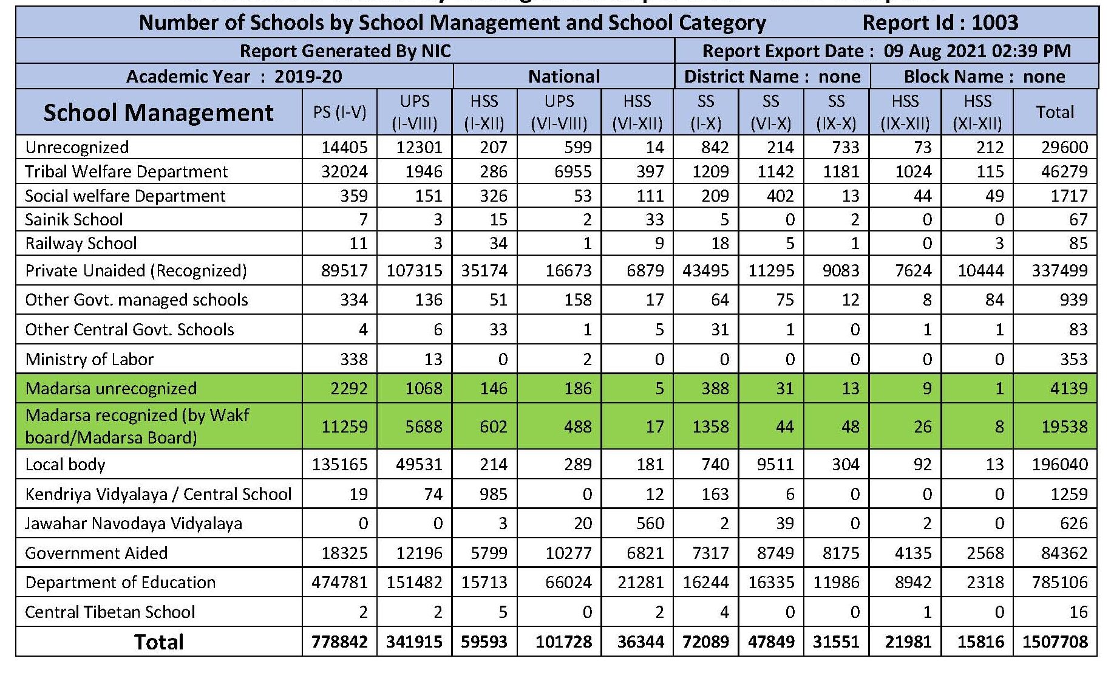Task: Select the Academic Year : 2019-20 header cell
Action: [x=234, y=77]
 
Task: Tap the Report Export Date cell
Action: [x=886, y=51]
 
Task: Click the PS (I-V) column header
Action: [x=339, y=112]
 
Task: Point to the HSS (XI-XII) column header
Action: [x=977, y=112]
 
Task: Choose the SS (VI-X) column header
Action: [x=771, y=112]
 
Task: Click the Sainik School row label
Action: [x=74, y=219]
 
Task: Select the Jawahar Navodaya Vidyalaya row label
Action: [x=134, y=523]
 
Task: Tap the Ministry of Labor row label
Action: [x=90, y=359]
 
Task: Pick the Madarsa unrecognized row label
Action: [x=111, y=388]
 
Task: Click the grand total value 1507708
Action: [x=1055, y=642]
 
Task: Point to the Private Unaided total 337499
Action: [x=1059, y=270]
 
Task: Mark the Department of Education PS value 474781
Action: [x=339, y=582]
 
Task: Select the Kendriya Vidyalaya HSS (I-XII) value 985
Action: [x=493, y=494]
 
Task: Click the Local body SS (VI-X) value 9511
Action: [x=771, y=464]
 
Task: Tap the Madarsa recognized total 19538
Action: [x=1064, y=426]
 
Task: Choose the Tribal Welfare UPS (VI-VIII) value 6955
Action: [x=572, y=171]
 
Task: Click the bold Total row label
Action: [x=158, y=642]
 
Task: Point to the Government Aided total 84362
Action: [x=1064, y=553]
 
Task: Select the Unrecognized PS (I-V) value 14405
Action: [x=344, y=147]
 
